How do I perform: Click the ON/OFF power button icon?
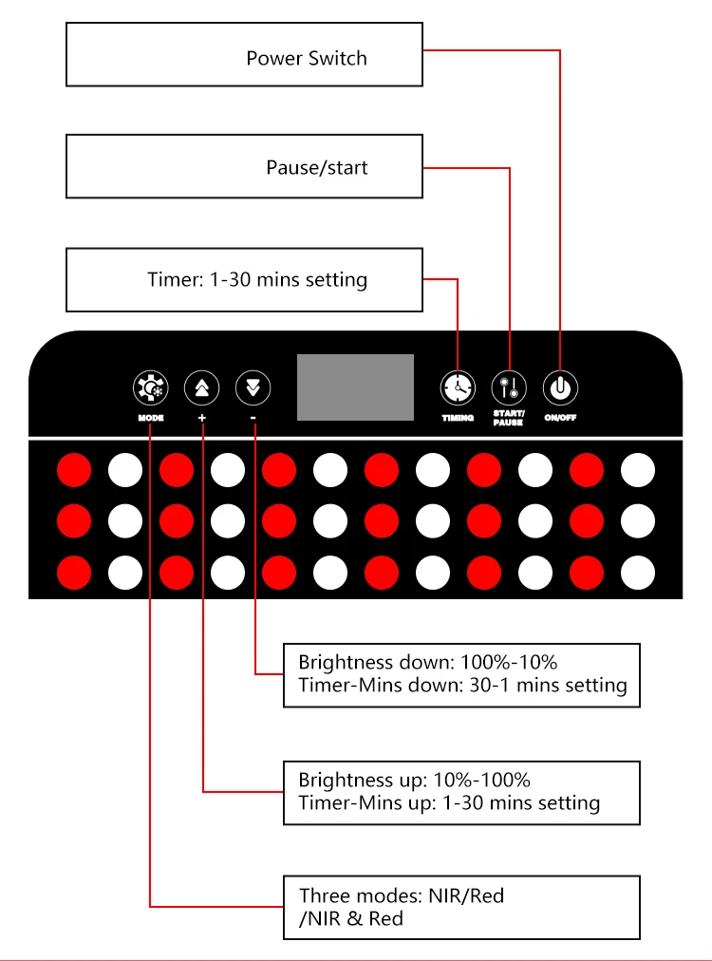point(560,387)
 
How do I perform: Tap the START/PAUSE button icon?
point(509,387)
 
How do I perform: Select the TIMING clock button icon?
point(458,387)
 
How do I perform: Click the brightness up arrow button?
point(201,387)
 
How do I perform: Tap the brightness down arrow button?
point(253,387)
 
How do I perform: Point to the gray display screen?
point(355,387)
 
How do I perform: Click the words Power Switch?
point(306,58)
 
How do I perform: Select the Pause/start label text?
point(316,168)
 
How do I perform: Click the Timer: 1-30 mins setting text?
point(257,279)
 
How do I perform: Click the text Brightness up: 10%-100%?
point(414,781)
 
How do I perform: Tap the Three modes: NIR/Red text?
point(402,895)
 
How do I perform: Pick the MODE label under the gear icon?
point(150,418)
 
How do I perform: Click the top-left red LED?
point(74,469)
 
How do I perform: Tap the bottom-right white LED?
point(638,572)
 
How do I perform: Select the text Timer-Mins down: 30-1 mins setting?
point(462,685)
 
